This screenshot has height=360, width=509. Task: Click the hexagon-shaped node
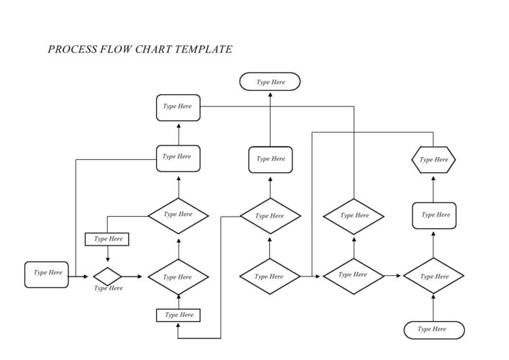433,160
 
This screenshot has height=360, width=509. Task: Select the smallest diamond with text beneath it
107,276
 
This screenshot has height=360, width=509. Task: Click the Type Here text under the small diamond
107,289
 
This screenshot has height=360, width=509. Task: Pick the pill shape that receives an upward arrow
270,82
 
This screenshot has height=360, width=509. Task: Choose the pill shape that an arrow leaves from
433,330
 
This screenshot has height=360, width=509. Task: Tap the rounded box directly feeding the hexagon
433,215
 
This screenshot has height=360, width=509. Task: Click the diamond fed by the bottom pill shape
433,276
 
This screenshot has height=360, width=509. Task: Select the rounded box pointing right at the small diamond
47,274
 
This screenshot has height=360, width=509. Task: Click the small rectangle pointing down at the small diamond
107,239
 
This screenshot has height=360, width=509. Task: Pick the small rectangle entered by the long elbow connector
178,315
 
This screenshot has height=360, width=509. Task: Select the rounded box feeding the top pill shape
270,159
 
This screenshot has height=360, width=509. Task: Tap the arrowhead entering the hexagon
433,176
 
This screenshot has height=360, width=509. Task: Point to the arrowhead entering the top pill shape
270,94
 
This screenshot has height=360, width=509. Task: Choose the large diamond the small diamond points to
178,276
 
